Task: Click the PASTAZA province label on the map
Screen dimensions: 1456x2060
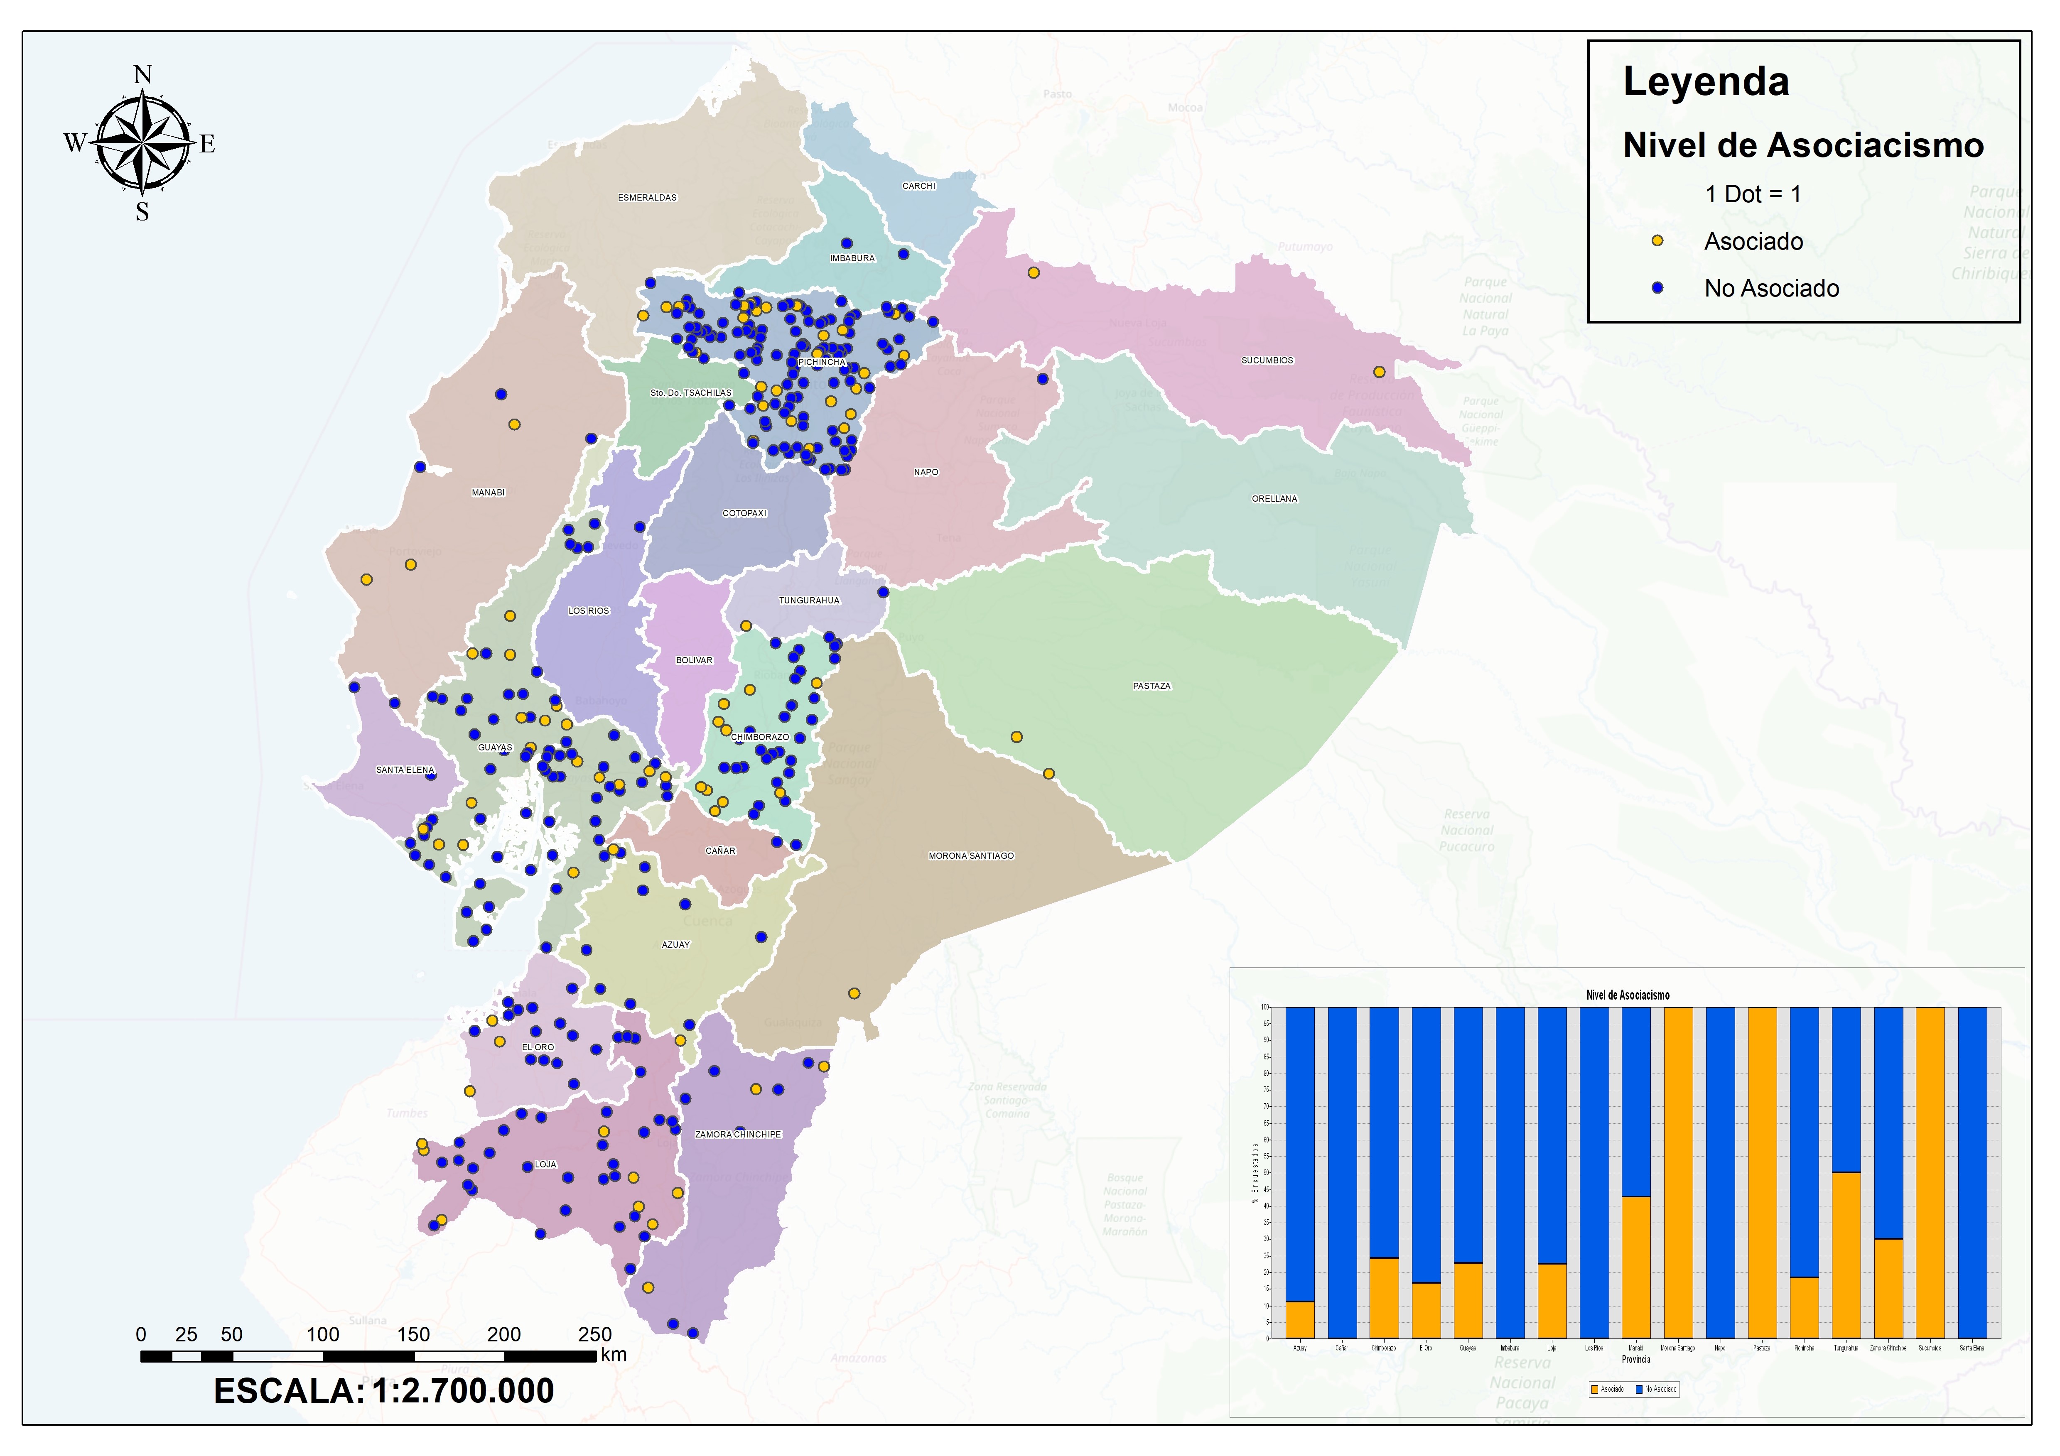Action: [x=1151, y=686]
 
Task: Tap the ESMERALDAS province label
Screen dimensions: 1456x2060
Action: [x=647, y=197]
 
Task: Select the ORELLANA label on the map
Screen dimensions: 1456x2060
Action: [x=1274, y=499]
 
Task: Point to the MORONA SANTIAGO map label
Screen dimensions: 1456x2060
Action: [x=971, y=856]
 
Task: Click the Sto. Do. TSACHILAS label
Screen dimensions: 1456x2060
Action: [x=691, y=393]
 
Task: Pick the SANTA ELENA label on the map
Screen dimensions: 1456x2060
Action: [x=405, y=770]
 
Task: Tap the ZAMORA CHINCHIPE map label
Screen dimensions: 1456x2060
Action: [x=737, y=1135]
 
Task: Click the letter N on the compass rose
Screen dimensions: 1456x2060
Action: [x=142, y=74]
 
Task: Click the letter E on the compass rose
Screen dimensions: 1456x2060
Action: [x=207, y=145]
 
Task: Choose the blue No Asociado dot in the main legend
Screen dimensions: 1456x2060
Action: [x=1657, y=288]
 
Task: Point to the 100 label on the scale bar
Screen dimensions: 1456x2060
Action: [x=323, y=1334]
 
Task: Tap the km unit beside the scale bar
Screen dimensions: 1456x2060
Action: [x=614, y=1355]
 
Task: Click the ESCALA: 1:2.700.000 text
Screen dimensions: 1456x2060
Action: [x=384, y=1390]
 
